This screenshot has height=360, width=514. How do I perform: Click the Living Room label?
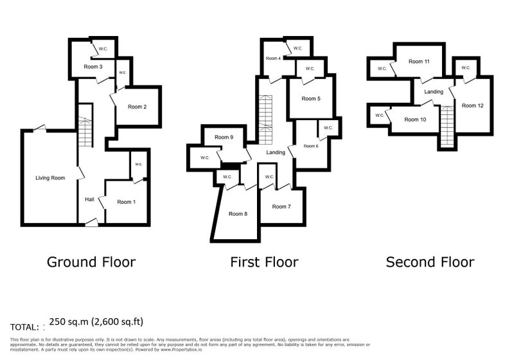50,178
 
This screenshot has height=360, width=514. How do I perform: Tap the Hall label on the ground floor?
89,199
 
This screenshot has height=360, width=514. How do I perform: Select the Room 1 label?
126,202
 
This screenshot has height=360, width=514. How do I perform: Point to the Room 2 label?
137,107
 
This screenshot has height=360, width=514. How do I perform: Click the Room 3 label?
93,67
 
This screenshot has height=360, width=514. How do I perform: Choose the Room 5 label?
311,99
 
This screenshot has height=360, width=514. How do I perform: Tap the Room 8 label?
238,214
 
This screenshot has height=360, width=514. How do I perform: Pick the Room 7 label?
281,206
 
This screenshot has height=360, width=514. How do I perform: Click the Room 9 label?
224,137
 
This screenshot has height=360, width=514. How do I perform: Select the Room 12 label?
472,105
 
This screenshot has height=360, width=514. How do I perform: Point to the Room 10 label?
415,120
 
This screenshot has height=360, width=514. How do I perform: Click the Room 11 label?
419,61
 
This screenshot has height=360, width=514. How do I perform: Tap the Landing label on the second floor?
434,92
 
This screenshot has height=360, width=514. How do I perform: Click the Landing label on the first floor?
276,152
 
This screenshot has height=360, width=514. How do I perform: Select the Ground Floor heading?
91,262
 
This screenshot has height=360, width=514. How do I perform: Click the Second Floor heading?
430,262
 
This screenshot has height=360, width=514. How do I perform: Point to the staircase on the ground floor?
85,125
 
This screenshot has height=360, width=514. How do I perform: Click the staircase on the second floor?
447,127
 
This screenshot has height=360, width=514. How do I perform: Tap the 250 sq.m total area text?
96,321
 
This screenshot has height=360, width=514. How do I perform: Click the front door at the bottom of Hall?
91,222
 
